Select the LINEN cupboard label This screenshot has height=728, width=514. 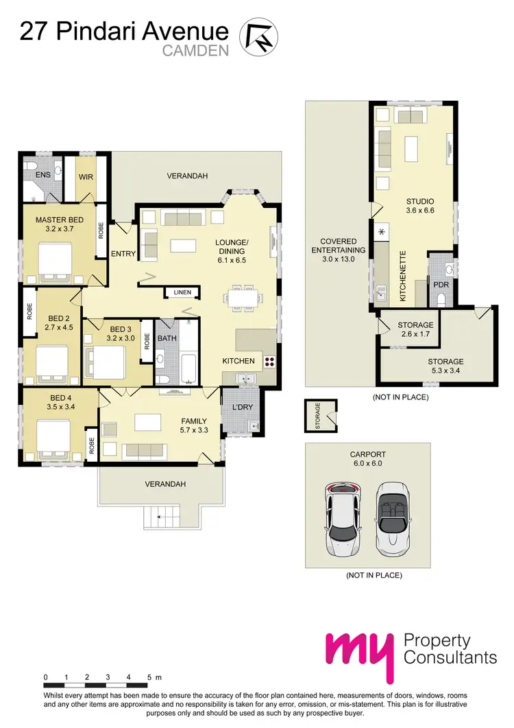coord(182,292)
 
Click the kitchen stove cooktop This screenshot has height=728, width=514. coord(268,361)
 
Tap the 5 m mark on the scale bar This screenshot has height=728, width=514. coord(149,677)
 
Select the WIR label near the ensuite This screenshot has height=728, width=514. coord(86,176)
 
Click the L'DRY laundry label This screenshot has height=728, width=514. coord(242,407)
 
